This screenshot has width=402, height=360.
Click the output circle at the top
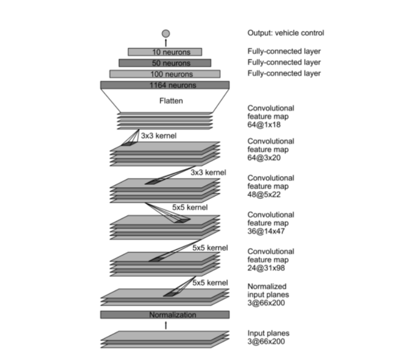(165, 34)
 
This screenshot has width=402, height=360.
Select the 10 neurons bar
(165, 52)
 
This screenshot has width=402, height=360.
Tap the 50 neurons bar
(165, 63)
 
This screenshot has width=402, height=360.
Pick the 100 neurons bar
(165, 74)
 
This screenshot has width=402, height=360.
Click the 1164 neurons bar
(165, 85)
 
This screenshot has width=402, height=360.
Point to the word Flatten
(166, 101)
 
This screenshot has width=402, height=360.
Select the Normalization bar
(165, 315)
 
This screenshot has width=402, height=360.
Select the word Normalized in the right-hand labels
(267, 286)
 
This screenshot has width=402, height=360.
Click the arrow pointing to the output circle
(165, 43)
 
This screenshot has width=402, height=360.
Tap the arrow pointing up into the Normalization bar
(165, 325)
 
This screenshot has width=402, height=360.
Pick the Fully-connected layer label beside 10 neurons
(284, 51)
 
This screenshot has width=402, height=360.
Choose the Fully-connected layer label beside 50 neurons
(284, 62)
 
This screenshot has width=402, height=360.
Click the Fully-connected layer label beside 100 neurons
(284, 73)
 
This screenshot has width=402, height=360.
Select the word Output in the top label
(259, 33)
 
